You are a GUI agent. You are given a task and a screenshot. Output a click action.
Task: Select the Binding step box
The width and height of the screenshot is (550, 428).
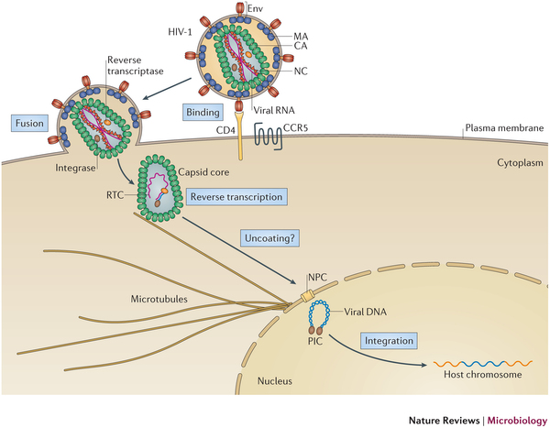click(201, 113)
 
